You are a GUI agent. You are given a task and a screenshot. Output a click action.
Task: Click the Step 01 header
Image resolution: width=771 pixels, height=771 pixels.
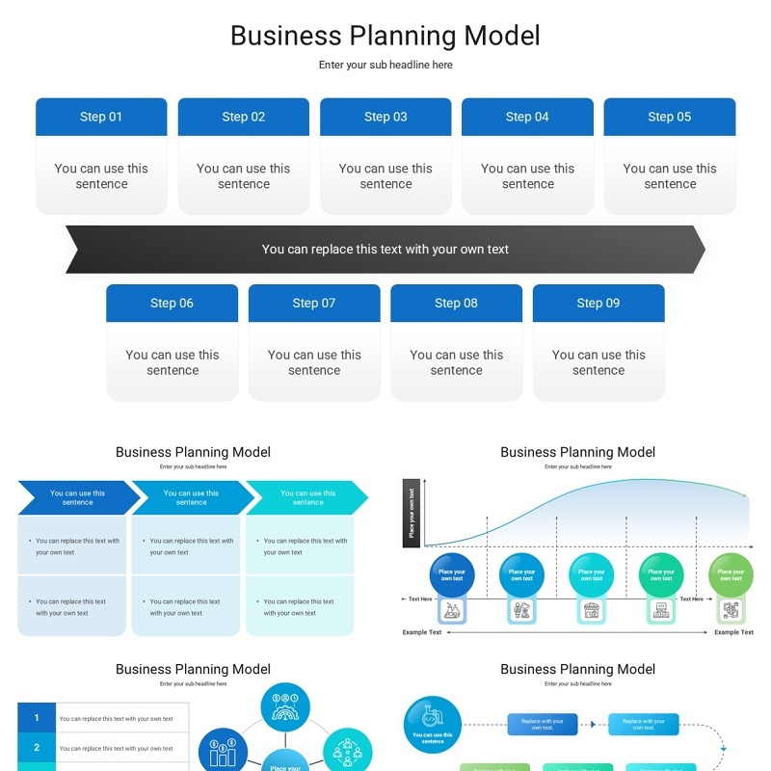click(x=101, y=117)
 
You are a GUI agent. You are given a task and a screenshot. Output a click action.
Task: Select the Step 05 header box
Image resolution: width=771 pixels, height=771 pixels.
click(x=670, y=117)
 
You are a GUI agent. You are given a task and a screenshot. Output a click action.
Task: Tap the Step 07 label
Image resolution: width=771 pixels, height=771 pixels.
click(x=314, y=303)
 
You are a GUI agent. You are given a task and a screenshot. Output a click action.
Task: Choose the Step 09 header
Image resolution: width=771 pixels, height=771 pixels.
click(x=598, y=303)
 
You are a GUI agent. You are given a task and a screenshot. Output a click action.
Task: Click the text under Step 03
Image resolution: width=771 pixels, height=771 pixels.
click(x=385, y=176)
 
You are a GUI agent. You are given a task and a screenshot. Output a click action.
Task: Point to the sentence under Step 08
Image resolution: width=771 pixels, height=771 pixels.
click(x=457, y=362)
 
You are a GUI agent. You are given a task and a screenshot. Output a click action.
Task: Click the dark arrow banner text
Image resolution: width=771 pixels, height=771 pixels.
click(x=385, y=249)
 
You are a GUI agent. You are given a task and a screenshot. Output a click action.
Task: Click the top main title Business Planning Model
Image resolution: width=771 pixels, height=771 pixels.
click(x=385, y=36)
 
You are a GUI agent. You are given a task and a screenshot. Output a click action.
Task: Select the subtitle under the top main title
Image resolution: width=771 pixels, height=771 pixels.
click(x=385, y=65)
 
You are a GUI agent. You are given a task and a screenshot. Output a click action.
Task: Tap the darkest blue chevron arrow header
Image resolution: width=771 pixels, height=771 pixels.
click(x=78, y=497)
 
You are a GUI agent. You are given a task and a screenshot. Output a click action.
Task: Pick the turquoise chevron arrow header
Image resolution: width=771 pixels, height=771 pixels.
click(x=307, y=497)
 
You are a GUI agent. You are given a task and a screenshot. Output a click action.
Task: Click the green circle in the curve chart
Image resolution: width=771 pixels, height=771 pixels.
click(x=731, y=574)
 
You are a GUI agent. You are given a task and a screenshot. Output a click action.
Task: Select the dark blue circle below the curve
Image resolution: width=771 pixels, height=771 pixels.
click(x=452, y=574)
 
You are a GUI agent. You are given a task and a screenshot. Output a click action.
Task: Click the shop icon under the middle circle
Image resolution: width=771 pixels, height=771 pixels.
click(x=591, y=610)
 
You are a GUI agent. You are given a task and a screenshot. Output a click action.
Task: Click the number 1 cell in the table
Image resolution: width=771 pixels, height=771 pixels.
click(x=37, y=718)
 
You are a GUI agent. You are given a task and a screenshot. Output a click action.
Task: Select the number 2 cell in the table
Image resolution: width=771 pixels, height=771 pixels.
click(x=37, y=747)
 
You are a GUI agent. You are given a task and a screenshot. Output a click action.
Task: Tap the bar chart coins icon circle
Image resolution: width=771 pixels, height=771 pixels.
click(x=223, y=751)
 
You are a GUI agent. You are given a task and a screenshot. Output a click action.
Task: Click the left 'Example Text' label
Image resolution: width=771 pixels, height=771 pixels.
click(x=422, y=632)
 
